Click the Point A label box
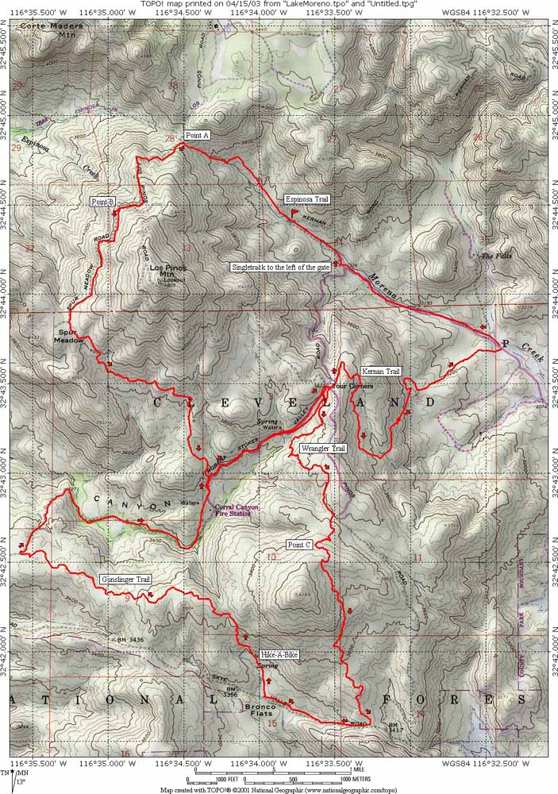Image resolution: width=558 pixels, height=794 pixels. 197,136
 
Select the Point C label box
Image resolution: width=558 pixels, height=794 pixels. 299,545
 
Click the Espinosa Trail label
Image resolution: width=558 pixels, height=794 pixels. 307,199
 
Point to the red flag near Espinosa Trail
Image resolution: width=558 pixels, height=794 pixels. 294,213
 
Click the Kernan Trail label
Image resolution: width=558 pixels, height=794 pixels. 380,372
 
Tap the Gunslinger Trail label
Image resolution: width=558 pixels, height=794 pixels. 126,580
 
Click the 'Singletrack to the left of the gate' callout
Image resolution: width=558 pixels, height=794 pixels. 281,268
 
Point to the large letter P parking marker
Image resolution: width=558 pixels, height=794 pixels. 504,343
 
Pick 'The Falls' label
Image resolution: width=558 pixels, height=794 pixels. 498,256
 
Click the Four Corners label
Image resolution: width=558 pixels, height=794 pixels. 353,385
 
